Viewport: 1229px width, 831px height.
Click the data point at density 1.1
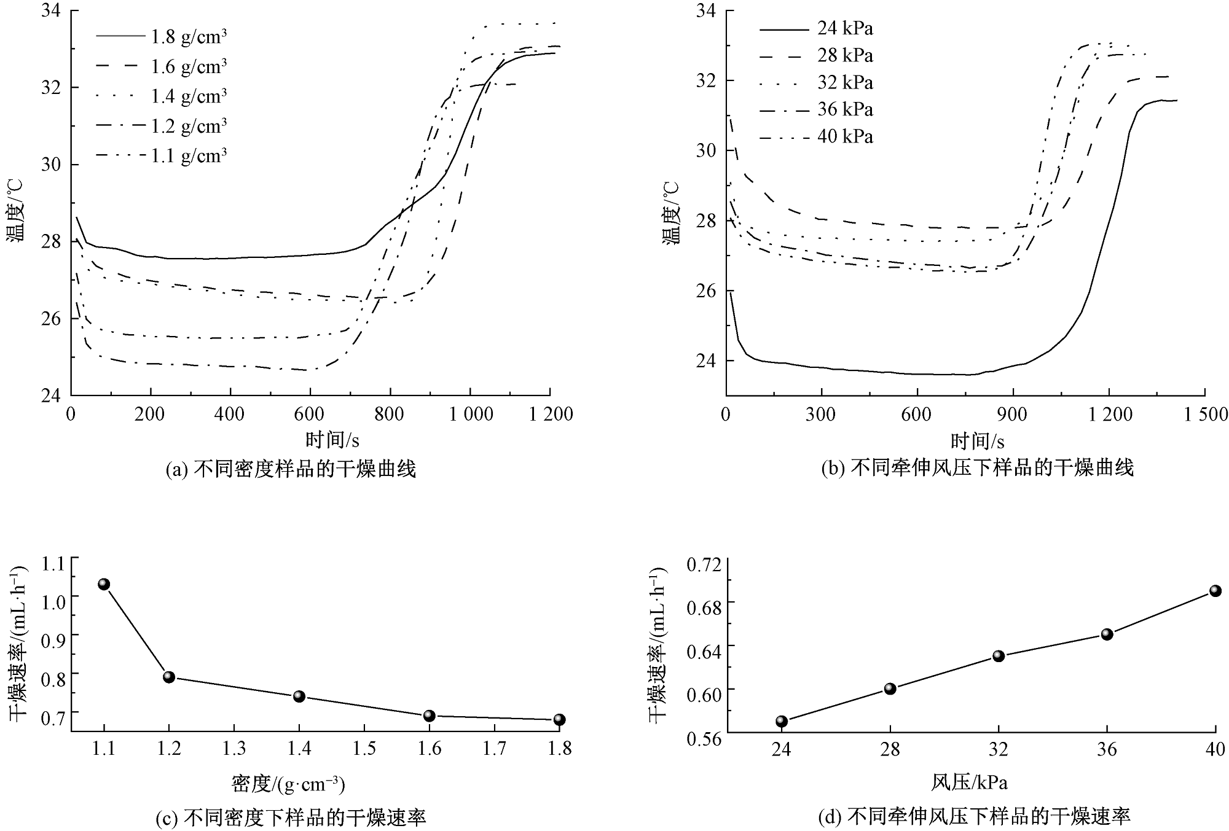coord(104,584)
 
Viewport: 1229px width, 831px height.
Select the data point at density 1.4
coord(299,696)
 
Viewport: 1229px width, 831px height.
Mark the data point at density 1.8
coord(559,720)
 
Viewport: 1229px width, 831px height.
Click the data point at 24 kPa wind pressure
coord(782,721)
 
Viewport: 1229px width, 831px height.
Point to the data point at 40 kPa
coord(1215,591)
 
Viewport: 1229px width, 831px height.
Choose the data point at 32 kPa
coord(999,656)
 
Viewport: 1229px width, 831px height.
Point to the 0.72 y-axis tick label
coord(700,564)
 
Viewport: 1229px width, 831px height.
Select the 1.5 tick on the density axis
coord(364,749)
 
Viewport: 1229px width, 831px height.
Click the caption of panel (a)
coord(291,470)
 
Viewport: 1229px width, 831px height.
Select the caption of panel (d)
coord(975,816)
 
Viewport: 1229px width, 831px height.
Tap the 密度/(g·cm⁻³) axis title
coord(288,784)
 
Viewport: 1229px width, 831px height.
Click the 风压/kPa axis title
coord(970,782)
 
